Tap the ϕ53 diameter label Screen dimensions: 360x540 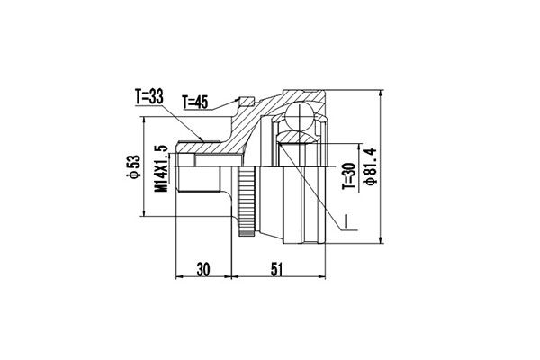point(132,166)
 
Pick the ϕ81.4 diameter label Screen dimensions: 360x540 point(368,163)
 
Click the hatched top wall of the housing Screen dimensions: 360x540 point(297,95)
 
